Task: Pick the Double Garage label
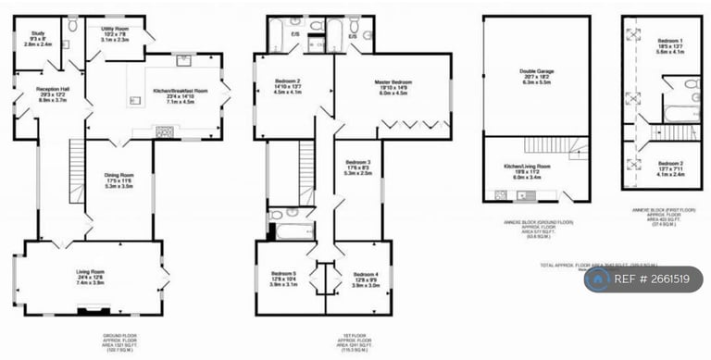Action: (536, 76)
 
